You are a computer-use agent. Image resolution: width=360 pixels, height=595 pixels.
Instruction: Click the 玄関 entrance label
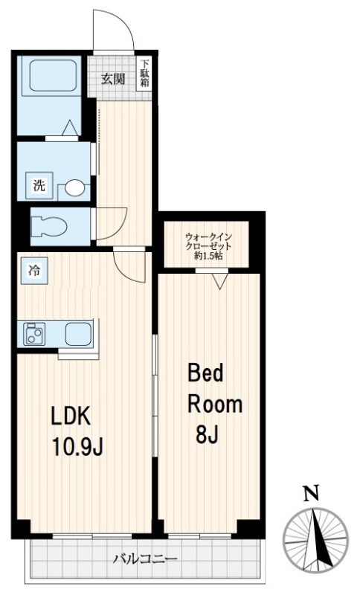point(113,80)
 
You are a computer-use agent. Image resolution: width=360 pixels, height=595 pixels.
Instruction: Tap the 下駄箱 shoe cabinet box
point(144,74)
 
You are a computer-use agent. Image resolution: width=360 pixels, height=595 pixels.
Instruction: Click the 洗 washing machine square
point(39,185)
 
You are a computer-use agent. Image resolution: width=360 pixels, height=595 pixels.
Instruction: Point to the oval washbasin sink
point(74,188)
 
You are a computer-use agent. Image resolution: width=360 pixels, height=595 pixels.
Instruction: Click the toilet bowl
point(49,226)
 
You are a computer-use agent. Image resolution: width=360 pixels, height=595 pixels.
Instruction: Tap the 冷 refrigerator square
point(34,271)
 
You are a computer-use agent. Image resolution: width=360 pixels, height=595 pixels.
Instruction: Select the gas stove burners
point(34,334)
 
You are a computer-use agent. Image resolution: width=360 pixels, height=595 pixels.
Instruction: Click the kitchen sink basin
point(78,334)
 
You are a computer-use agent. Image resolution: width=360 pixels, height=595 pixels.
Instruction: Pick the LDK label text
point(71,416)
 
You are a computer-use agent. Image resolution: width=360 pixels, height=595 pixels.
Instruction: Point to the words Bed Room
point(215,389)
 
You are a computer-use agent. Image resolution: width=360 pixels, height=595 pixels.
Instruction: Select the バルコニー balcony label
point(145,559)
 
